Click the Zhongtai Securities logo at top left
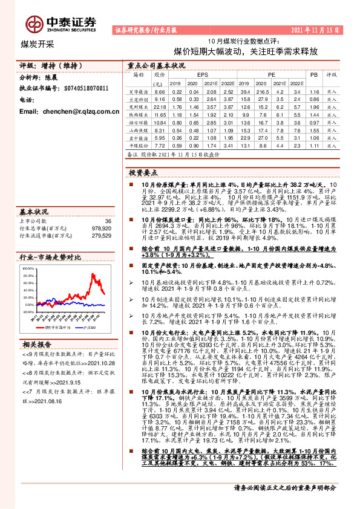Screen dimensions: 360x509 pyautogui.click(x=61, y=22)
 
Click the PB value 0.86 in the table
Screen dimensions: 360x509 pyautogui.click(x=313, y=99)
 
